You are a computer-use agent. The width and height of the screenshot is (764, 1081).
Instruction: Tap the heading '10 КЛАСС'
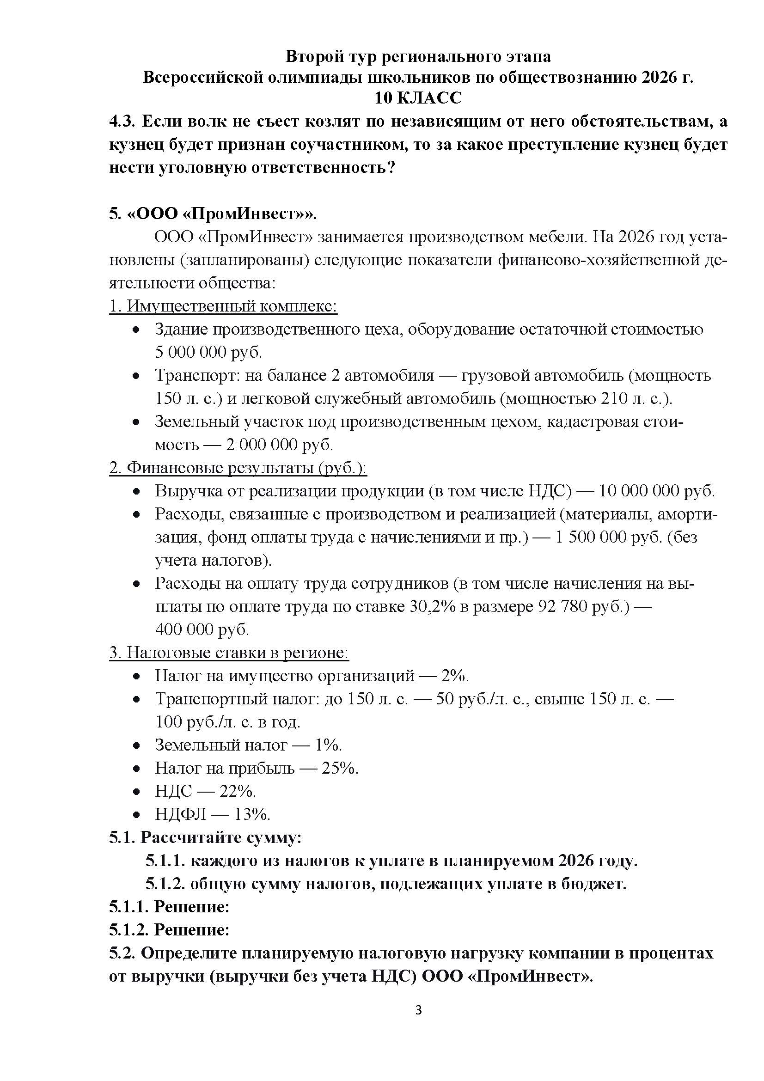tap(418, 98)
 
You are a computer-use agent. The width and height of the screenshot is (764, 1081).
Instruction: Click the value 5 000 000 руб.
tap(208, 352)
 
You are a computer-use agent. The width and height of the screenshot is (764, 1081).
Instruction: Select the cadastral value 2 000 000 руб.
tap(279, 445)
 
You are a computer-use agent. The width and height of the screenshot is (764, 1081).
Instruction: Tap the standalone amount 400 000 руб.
tap(202, 629)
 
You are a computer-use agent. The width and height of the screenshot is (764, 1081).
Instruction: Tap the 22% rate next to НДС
tap(237, 791)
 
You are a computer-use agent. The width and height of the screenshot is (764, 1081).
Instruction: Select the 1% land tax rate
tap(328, 745)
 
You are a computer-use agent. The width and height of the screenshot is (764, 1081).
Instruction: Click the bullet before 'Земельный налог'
tap(136, 745)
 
